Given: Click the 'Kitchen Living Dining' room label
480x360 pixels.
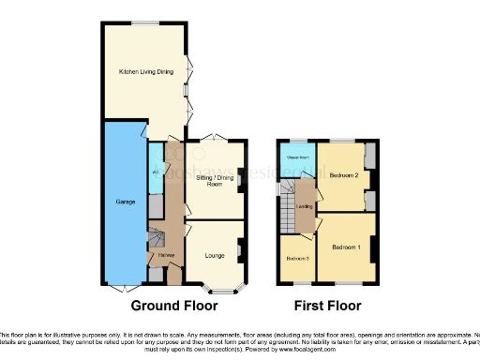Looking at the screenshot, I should [145, 71].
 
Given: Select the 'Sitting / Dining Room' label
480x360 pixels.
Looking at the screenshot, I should [212, 180].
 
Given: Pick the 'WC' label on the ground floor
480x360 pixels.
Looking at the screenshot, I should [153, 174].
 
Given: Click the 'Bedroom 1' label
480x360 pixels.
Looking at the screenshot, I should [346, 247].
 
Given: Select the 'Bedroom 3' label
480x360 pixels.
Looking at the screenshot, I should [297, 258].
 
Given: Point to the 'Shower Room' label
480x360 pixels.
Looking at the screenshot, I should [298, 157].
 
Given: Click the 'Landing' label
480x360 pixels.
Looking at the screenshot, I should [305, 208].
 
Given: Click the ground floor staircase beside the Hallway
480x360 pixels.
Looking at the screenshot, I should [157, 241].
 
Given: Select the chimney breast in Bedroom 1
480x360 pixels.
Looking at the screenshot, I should [374, 248].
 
